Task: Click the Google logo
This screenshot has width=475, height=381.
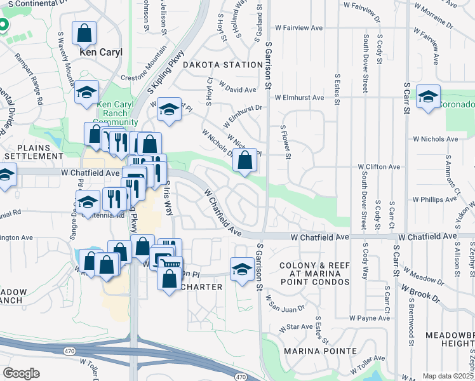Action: (x=21, y=373)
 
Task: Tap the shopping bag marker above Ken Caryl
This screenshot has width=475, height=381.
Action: (x=84, y=33)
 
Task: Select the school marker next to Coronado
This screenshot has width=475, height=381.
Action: (x=429, y=97)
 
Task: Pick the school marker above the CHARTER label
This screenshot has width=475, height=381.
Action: (x=242, y=269)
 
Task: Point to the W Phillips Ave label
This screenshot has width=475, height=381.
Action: (x=435, y=199)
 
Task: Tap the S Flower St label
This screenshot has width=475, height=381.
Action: (x=286, y=141)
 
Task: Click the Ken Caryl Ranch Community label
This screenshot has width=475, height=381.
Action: (x=115, y=113)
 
